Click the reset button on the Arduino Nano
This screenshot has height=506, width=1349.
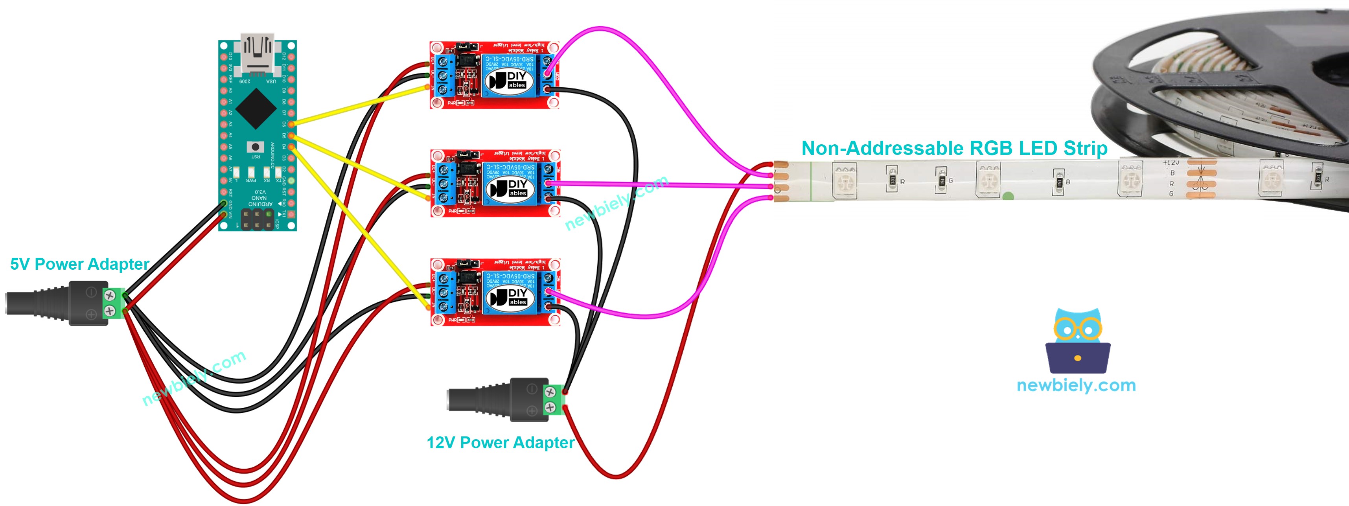(255, 147)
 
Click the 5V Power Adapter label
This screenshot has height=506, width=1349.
(79, 264)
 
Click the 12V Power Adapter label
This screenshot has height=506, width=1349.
(500, 443)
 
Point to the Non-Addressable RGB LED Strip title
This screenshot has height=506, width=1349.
(954, 148)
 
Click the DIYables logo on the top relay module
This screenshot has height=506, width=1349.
(507, 81)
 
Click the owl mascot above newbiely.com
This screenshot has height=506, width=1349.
(1078, 340)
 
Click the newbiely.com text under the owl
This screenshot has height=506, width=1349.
(1076, 386)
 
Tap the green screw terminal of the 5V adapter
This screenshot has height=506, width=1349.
(111, 303)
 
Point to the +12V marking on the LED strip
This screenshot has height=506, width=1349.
(1171, 163)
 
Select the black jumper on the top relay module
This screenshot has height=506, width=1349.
(467, 48)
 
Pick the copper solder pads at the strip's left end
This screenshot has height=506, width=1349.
(780, 181)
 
